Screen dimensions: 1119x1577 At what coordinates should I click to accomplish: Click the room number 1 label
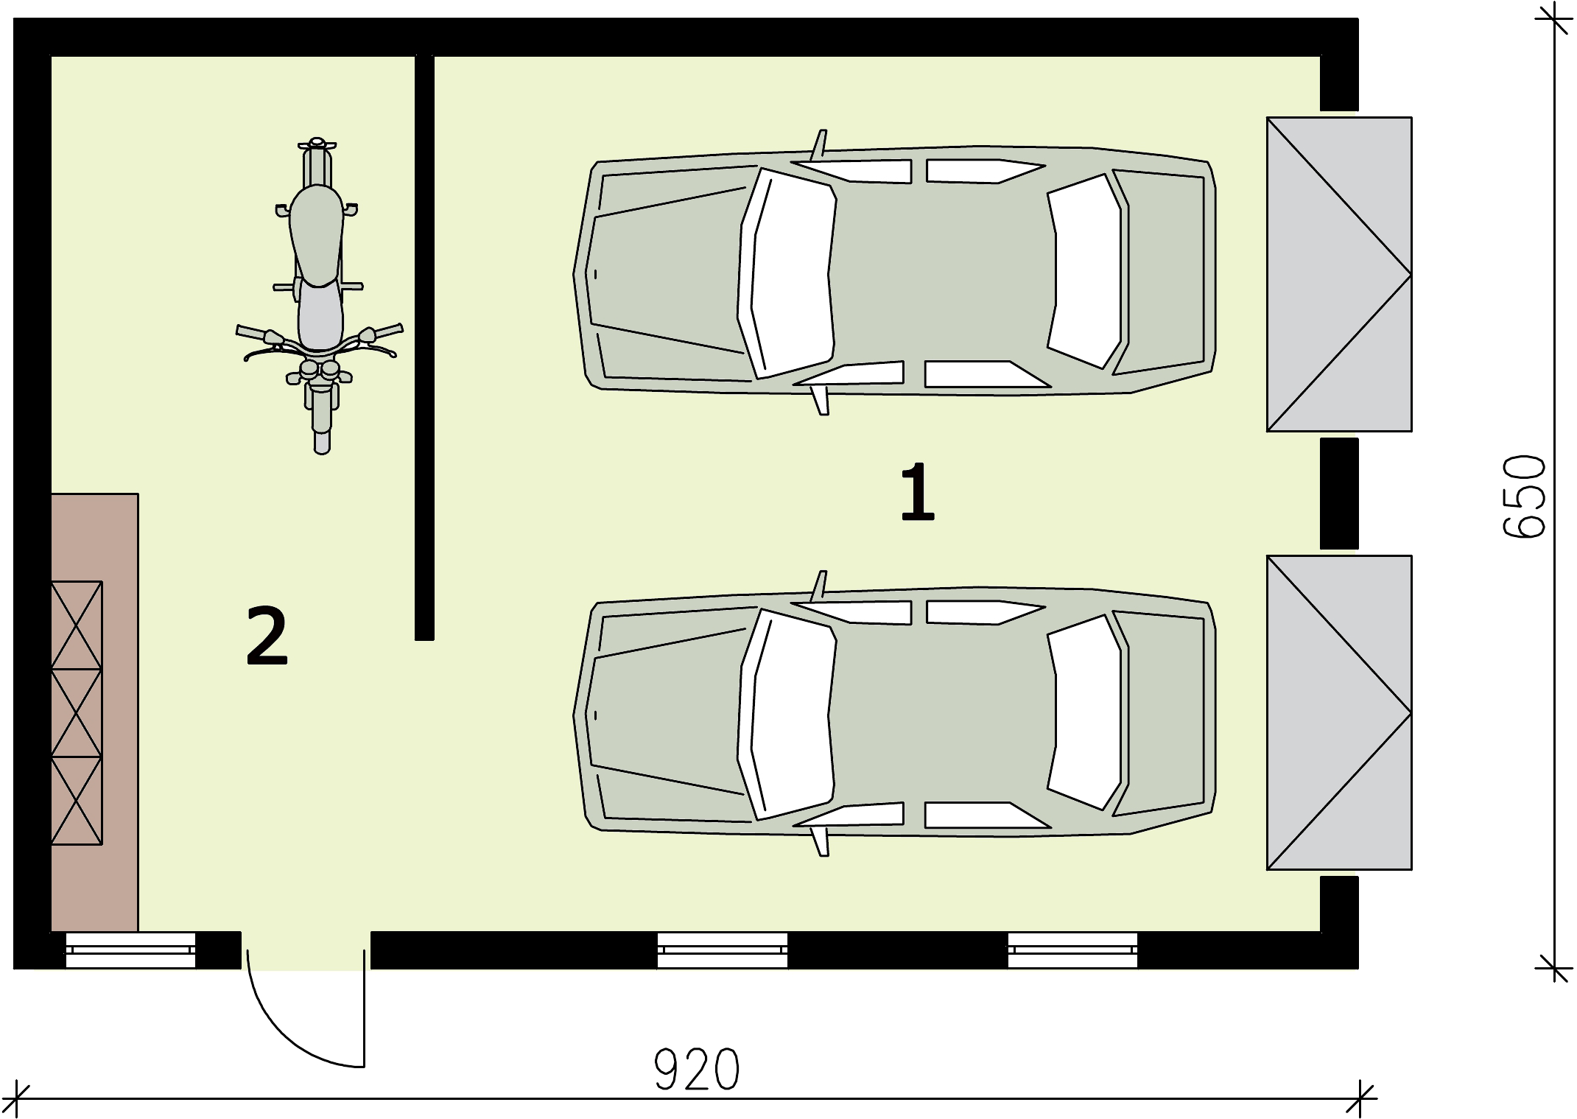click(917, 491)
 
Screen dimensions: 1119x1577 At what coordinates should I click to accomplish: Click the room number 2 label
click(267, 635)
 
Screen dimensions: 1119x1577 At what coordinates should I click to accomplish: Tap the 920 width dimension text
click(696, 1070)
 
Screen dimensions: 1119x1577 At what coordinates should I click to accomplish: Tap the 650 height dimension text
click(1524, 497)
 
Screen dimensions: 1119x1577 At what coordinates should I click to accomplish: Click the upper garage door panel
click(1338, 274)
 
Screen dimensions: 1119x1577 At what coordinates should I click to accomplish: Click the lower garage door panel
click(1338, 712)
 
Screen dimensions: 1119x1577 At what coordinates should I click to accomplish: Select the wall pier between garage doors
click(1338, 493)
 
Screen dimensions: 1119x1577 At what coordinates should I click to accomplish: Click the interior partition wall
click(424, 346)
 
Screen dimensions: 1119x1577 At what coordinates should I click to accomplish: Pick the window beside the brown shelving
click(130, 950)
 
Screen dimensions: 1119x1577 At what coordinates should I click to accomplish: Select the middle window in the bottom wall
click(722, 950)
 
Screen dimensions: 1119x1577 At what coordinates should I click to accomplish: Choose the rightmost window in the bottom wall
click(1072, 950)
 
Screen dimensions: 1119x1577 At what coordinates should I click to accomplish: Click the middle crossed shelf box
click(77, 712)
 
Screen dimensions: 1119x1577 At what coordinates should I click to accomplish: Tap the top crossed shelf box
click(77, 625)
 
